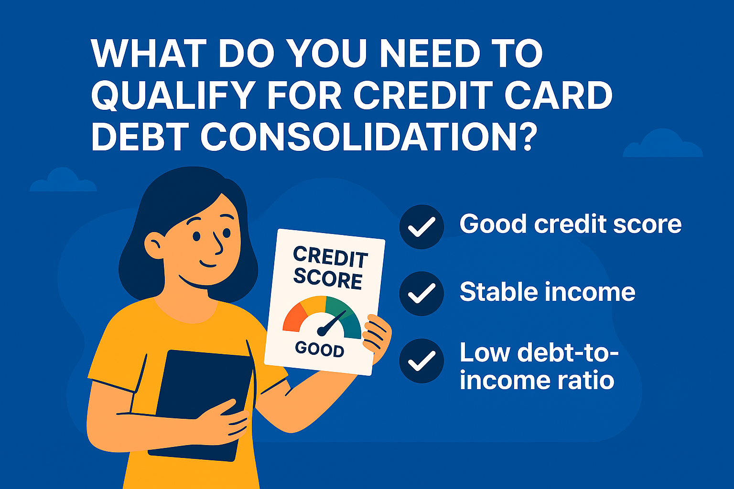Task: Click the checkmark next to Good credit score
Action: (x=421, y=227)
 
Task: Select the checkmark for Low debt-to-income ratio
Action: (x=421, y=361)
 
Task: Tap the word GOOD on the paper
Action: (x=319, y=349)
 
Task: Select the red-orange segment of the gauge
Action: (x=293, y=317)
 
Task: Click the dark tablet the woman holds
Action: (x=201, y=401)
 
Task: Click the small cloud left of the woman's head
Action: (x=63, y=181)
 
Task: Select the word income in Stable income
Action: (x=590, y=292)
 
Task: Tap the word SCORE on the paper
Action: (x=328, y=278)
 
